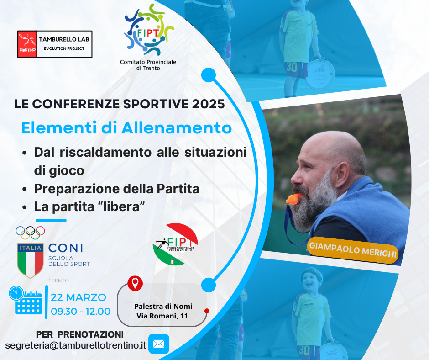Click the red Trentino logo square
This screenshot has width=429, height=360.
click(x=27, y=44)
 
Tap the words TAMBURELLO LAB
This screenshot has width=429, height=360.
click(x=64, y=39)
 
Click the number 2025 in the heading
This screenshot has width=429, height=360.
click(x=208, y=104)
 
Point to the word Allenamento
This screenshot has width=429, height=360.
click(x=177, y=128)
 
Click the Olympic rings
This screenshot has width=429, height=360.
click(x=30, y=233)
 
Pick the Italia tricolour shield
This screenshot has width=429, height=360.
click(x=30, y=260)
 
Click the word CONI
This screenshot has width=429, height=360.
click(x=66, y=248)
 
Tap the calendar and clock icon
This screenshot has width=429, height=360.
click(x=26, y=300)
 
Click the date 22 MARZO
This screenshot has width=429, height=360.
click(x=78, y=297)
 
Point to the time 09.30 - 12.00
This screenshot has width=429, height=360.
click(x=81, y=312)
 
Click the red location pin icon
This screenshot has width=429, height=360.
click(x=135, y=283)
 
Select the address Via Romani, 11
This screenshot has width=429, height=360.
click(x=162, y=316)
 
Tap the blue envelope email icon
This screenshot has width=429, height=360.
click(x=159, y=344)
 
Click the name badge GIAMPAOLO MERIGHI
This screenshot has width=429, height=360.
click(x=353, y=249)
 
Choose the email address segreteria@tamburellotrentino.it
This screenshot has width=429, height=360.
click(x=76, y=345)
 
